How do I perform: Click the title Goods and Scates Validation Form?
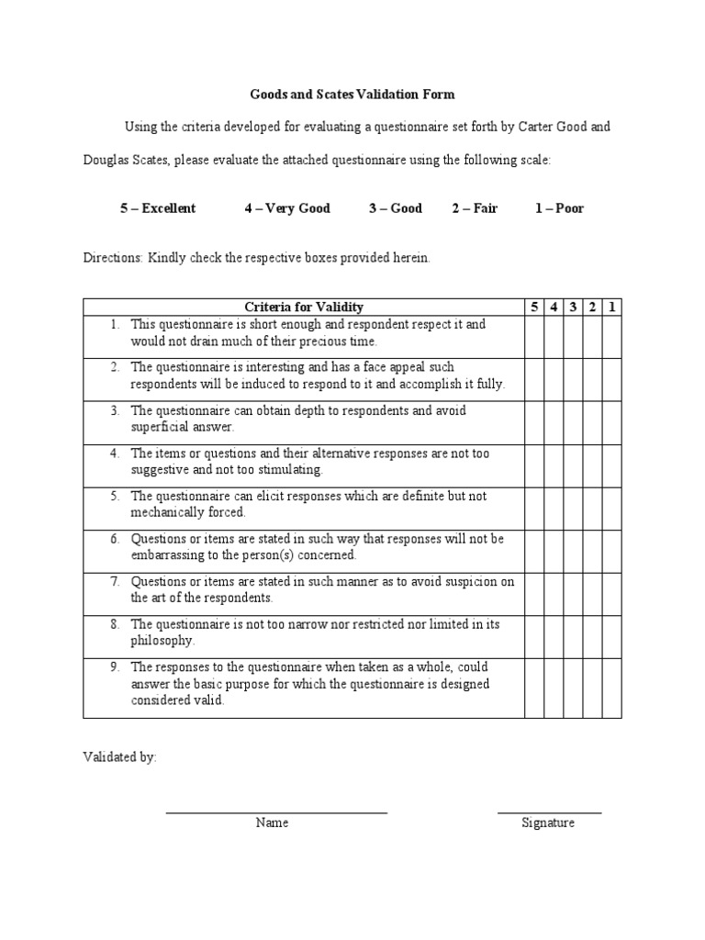point(352,94)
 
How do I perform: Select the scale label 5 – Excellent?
point(157,208)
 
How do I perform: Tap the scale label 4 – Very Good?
point(286,208)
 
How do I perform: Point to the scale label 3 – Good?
point(396,208)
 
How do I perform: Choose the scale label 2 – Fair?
point(474,208)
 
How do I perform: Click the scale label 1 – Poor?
point(559,208)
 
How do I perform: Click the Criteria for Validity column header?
point(303,307)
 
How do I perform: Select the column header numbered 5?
point(534,307)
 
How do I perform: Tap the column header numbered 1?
point(611,307)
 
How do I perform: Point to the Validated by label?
point(119,757)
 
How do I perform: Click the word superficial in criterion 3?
point(160,427)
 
